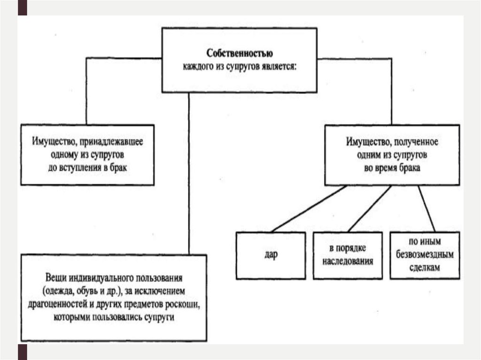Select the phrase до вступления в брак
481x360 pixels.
[88, 167]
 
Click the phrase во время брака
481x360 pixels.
[392, 167]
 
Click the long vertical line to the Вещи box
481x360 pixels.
[188, 174]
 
